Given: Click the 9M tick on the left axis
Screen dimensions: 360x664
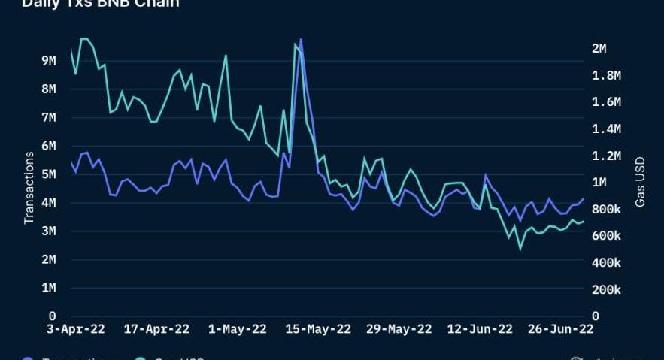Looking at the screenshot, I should (x=48, y=60).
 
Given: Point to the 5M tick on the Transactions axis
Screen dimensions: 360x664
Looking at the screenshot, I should (x=48, y=174).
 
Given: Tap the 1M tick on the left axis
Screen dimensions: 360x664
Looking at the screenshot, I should (x=48, y=289).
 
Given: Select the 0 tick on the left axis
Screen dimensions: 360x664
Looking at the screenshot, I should (x=52, y=316).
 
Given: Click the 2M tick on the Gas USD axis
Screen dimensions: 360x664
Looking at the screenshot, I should (x=599, y=48).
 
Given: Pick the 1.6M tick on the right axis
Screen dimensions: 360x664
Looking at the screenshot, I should (x=605, y=102).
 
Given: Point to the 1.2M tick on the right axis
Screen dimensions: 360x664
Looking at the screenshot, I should (x=605, y=156).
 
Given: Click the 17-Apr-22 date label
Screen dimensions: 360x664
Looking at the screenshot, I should (x=156, y=329).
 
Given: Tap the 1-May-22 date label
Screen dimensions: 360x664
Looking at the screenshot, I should (x=237, y=329).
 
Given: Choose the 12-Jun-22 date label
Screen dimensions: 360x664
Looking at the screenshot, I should (x=481, y=329).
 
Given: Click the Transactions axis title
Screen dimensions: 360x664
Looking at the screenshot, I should (x=29, y=188).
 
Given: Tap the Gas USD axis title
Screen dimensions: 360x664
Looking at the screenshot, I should (x=640, y=182).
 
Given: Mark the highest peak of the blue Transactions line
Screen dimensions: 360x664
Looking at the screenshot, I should (x=301, y=39).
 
